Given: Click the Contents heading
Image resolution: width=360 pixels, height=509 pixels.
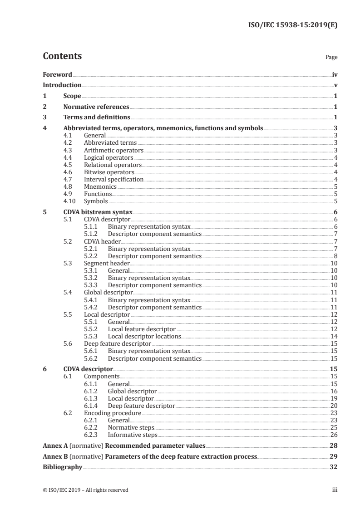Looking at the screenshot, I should pyautogui.click(x=62, y=56).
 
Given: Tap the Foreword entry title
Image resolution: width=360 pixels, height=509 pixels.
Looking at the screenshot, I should pyautogui.click(x=57, y=74).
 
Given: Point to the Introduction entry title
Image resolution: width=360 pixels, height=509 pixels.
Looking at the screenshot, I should pyautogui.click(x=62, y=85).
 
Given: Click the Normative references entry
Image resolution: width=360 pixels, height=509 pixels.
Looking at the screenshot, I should pyautogui.click(x=96, y=107).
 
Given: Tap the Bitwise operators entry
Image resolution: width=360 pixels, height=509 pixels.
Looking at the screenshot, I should pyautogui.click(x=109, y=172).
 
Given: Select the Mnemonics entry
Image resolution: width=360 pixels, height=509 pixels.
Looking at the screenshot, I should pyautogui.click(x=100, y=186).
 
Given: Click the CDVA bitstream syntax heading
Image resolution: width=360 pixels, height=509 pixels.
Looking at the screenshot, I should pyautogui.click(x=98, y=212).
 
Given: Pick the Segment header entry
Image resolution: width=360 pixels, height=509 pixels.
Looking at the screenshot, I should pyautogui.click(x=107, y=263).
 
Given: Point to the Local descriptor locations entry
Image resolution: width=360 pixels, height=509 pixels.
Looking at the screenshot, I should pyautogui.click(x=144, y=337).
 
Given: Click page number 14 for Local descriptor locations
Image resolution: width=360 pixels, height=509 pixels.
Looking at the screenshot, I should pyautogui.click(x=333, y=337).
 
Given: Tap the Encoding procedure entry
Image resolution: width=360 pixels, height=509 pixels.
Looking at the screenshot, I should pyautogui.click(x=113, y=413).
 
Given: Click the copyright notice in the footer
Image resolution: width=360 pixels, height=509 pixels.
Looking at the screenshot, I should pyautogui.click(x=85, y=490).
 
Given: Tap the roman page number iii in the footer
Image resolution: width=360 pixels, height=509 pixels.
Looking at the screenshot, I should pyautogui.click(x=335, y=490).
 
